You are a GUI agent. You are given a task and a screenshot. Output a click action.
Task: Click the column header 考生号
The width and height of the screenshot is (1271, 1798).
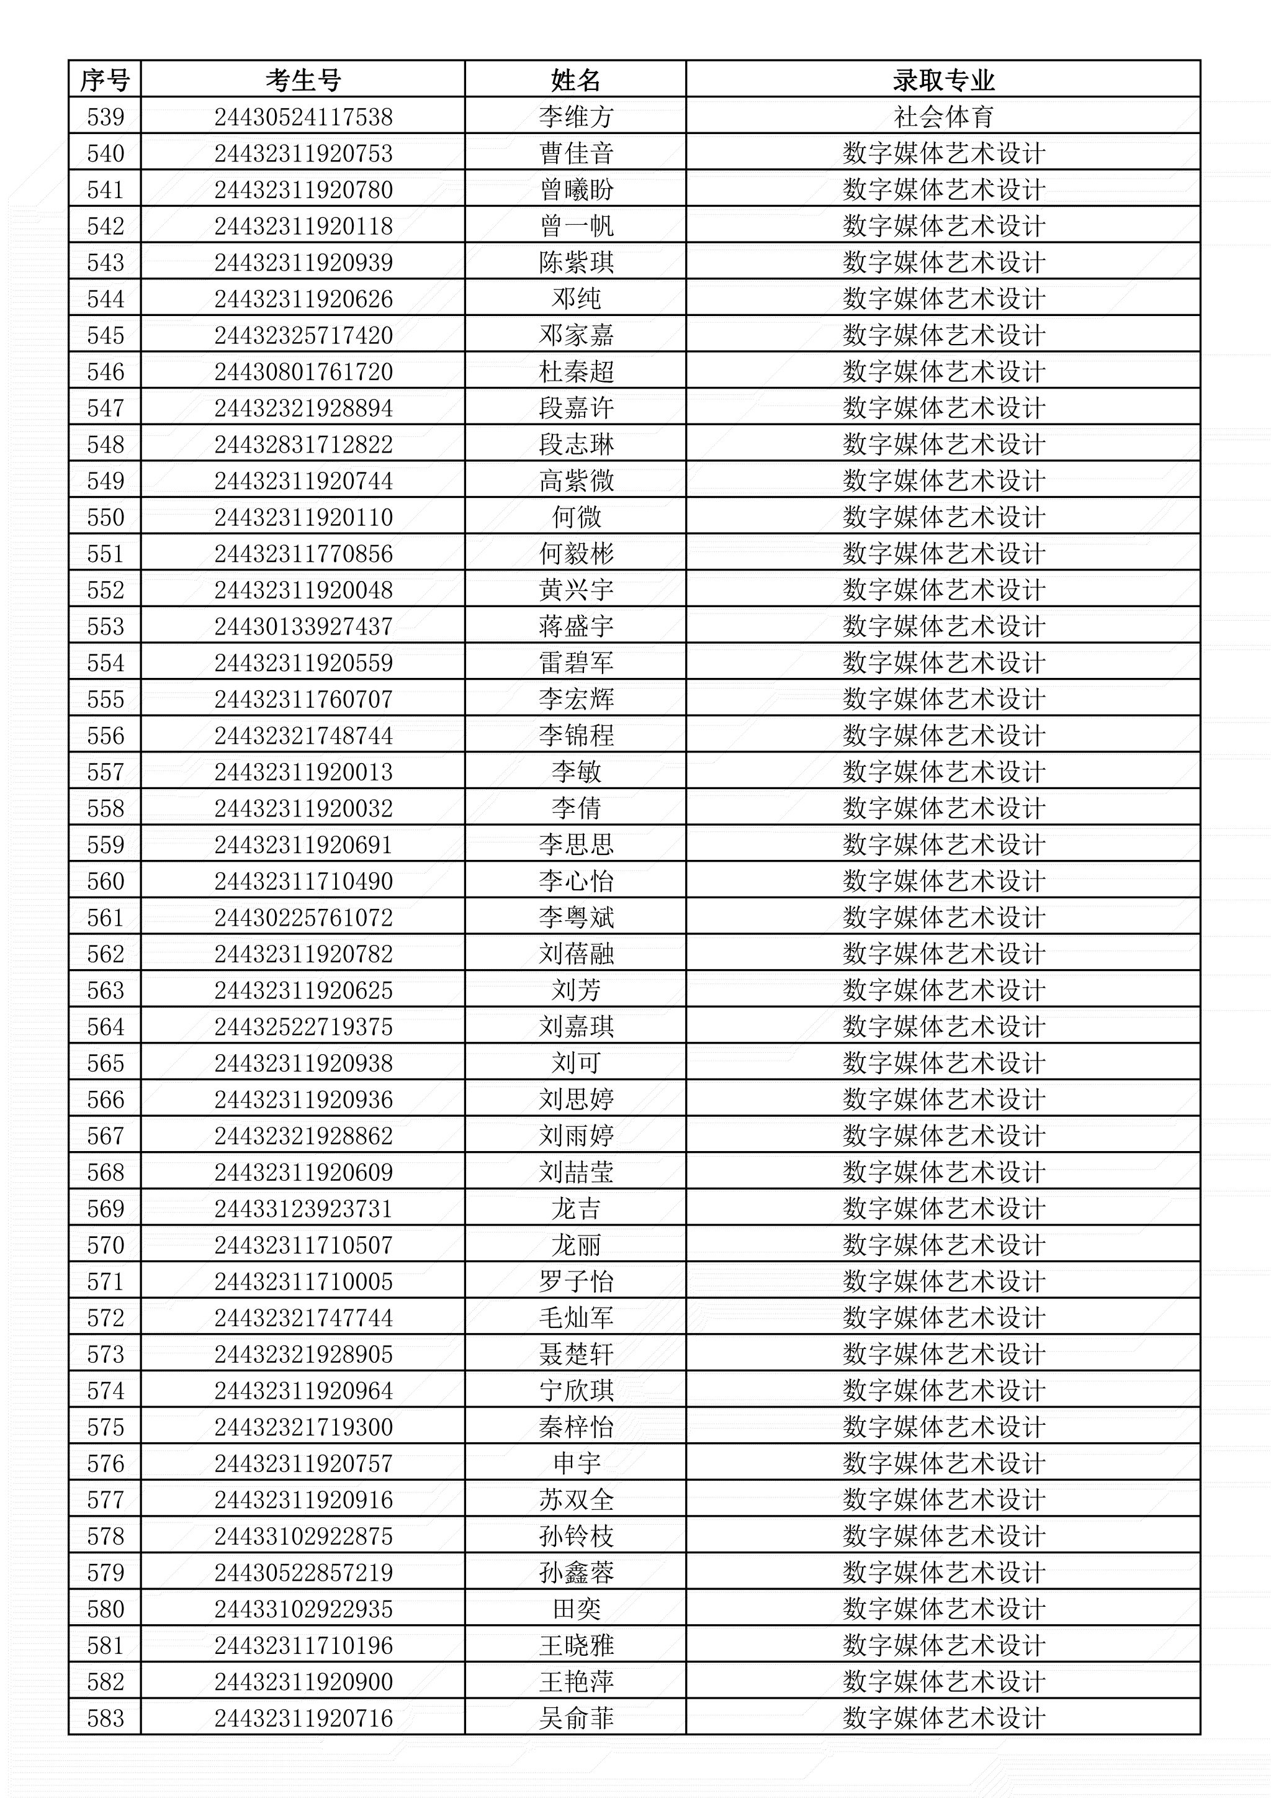[x=303, y=80]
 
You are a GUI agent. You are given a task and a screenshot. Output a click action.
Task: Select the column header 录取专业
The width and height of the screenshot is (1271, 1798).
[x=943, y=80]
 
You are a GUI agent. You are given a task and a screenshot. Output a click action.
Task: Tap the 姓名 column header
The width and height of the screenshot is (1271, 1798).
[x=575, y=80]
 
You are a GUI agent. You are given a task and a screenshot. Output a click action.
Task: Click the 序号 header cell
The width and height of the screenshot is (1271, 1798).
[x=105, y=80]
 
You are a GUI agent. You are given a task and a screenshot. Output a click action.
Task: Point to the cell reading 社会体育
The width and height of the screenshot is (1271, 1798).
[x=943, y=117]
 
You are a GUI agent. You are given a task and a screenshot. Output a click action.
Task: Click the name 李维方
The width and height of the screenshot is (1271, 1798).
[x=575, y=117]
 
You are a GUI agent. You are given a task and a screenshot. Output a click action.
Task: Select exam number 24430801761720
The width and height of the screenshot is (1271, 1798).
[x=303, y=372]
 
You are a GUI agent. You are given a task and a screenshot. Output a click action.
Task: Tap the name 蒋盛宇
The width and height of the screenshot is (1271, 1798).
[x=575, y=626]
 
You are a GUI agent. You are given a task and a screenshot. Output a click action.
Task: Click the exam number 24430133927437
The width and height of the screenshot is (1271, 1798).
[x=303, y=626]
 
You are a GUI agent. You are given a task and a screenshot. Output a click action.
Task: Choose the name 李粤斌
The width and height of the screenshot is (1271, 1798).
[x=575, y=918]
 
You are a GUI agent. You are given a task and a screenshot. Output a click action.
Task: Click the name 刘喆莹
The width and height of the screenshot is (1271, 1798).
[x=575, y=1172]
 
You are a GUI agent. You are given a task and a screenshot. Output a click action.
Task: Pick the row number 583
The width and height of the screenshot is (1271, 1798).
[x=105, y=1718]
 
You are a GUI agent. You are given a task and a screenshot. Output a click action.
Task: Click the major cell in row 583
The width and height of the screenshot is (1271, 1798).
[x=943, y=1718]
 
